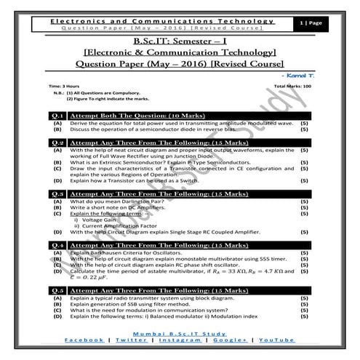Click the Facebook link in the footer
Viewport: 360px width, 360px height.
(x=84, y=341)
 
